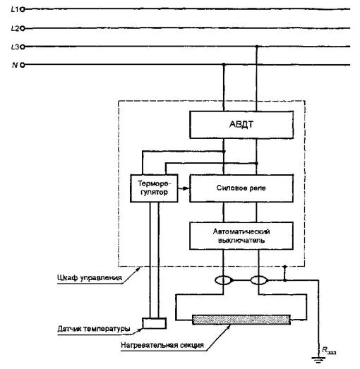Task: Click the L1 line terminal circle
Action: point(23,9)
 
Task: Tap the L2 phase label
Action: point(15,28)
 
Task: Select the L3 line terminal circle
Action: point(23,47)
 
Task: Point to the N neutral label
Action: point(15,65)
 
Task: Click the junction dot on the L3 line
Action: point(257,47)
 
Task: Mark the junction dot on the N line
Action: point(224,64)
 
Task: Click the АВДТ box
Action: point(241,125)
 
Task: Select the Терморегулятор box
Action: point(154,188)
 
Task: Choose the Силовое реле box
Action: point(241,188)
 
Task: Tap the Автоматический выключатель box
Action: point(241,236)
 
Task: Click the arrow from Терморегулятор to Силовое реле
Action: point(184,188)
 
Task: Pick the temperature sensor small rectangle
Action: point(154,323)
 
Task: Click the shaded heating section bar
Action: point(241,320)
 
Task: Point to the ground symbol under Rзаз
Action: point(318,360)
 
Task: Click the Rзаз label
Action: point(329,351)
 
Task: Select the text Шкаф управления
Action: point(90,278)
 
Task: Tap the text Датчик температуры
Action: point(94,329)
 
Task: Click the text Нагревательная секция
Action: point(162,345)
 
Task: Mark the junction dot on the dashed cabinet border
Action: point(285,267)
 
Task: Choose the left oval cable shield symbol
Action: point(224,280)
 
